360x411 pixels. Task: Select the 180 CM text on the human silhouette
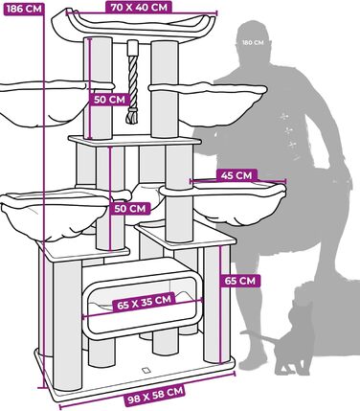pyautogui.click(x=253, y=42)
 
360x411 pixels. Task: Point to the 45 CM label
pyautogui.click(x=237, y=175)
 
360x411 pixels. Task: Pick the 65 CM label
pyautogui.click(x=240, y=281)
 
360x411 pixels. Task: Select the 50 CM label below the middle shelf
pyautogui.click(x=131, y=207)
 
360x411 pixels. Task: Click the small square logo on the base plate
pyautogui.click(x=146, y=370)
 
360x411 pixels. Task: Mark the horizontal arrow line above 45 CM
pyautogui.click(x=237, y=182)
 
